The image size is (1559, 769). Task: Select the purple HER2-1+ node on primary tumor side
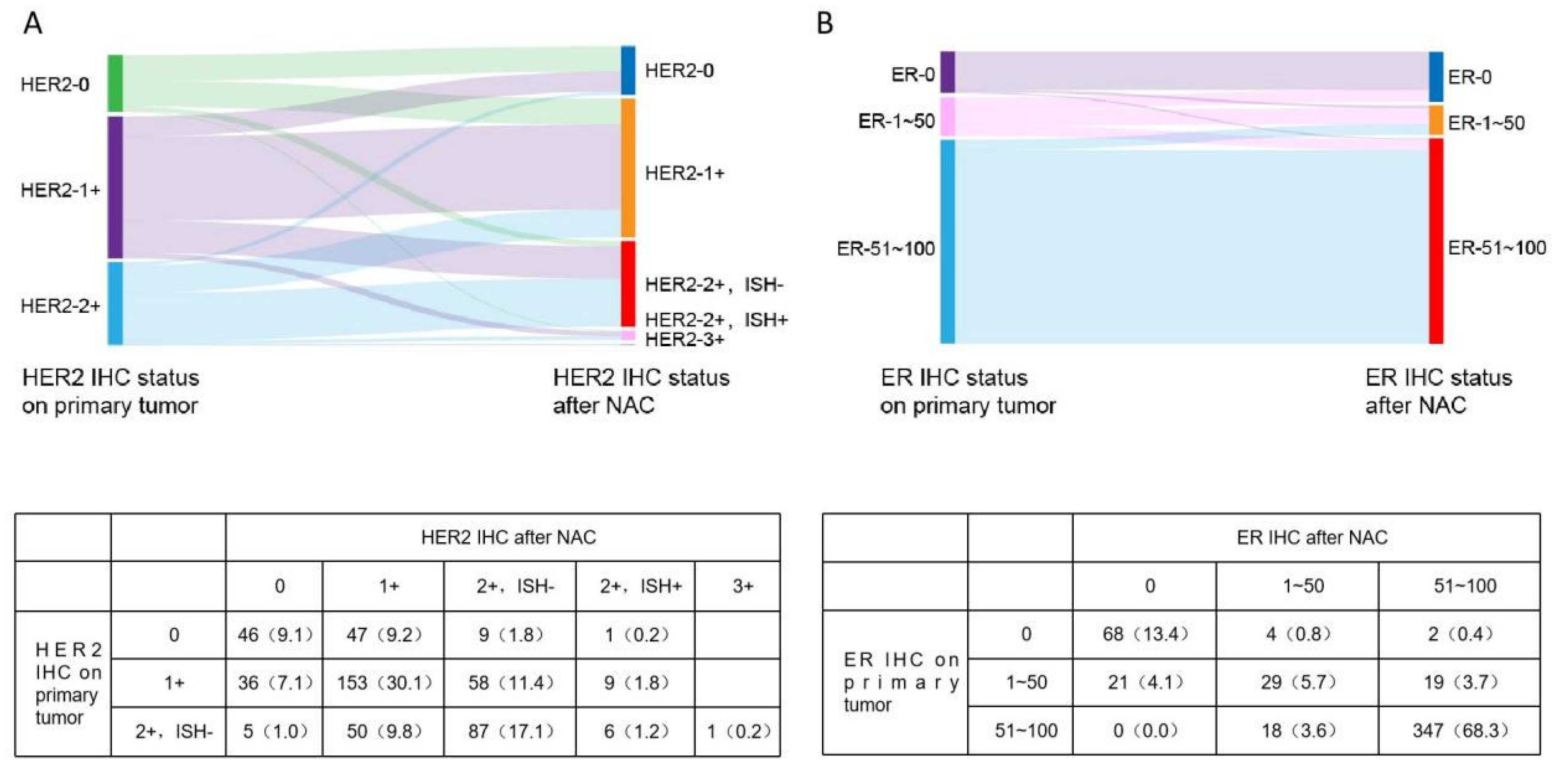[115, 187]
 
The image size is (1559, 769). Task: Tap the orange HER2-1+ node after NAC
[628, 168]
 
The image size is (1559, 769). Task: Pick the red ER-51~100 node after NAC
[1436, 241]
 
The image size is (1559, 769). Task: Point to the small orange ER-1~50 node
[1436, 120]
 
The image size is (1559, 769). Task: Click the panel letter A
[33, 24]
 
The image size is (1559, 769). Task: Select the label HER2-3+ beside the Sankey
[684, 340]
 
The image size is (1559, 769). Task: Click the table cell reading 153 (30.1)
[384, 683]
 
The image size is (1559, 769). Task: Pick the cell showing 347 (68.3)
[1459, 730]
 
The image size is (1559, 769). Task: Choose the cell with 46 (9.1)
[275, 635]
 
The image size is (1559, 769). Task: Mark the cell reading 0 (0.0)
[1145, 730]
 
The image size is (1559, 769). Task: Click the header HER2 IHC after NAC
[508, 537]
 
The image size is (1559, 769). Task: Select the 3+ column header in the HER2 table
[743, 586]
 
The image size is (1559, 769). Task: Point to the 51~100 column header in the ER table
[1465, 586]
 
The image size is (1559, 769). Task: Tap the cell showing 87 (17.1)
[510, 731]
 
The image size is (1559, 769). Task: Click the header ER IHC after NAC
[1312, 537]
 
